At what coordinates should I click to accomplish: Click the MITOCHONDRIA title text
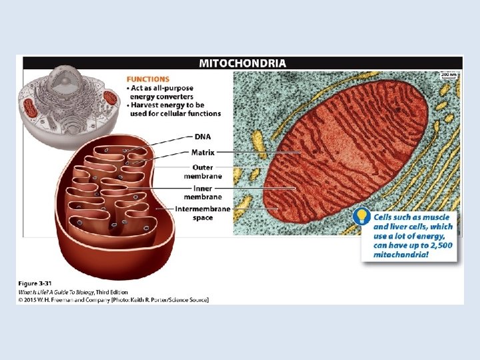pyautogui.click(x=243, y=63)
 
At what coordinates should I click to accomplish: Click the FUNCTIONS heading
pyautogui.click(x=147, y=79)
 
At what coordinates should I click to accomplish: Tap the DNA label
pyautogui.click(x=203, y=137)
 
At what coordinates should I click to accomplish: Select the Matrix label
pyautogui.click(x=203, y=153)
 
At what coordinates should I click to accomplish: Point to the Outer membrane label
pyautogui.click(x=203, y=171)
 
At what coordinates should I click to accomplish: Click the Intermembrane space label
pyautogui.click(x=203, y=213)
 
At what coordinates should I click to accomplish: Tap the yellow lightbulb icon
pyautogui.click(x=361, y=217)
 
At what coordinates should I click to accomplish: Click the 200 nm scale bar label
pyautogui.click(x=451, y=75)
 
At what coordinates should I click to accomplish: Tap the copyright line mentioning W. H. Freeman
pyautogui.click(x=113, y=299)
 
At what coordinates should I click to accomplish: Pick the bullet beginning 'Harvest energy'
pyautogui.click(x=173, y=109)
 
